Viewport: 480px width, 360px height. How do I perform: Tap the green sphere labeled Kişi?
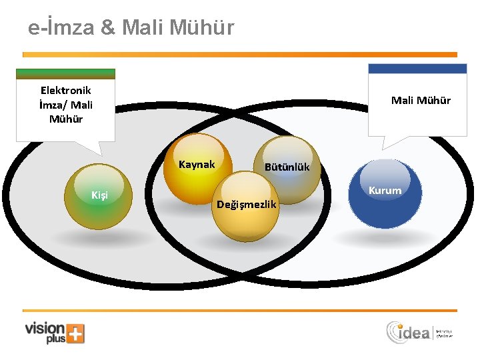[x=98, y=196]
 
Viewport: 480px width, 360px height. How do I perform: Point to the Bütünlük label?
[x=287, y=167]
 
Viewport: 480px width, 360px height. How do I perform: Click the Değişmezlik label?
[x=247, y=204]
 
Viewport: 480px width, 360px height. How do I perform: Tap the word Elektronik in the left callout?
[x=66, y=90]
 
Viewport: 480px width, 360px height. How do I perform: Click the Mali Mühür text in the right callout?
[x=421, y=101]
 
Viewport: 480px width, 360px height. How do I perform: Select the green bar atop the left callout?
[x=65, y=73]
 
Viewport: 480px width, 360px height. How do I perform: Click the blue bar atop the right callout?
[x=418, y=69]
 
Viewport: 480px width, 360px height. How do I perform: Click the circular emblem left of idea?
[x=394, y=331]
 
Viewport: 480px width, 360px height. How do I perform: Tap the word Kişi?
[x=99, y=195]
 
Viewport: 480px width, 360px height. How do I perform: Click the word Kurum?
[x=385, y=191]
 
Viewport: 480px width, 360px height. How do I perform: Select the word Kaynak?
[x=197, y=165]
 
